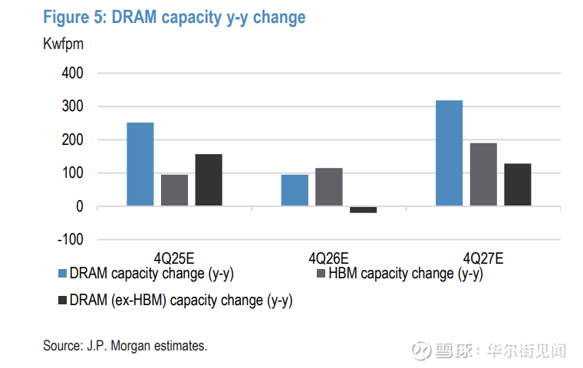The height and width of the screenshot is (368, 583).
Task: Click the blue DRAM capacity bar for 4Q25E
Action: pos(140,164)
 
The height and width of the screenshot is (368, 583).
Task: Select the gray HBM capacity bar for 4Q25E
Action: pos(174,190)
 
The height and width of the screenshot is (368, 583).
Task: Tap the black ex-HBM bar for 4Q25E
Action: pos(209,180)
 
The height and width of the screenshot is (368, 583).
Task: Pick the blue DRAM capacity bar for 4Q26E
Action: pos(295,190)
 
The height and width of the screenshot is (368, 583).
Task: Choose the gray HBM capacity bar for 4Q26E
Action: pos(328,187)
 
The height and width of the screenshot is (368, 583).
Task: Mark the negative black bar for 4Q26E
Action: pos(363,209)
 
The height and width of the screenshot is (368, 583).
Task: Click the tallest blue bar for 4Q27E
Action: pos(449,153)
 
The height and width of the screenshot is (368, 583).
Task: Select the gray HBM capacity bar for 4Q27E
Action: pos(483,175)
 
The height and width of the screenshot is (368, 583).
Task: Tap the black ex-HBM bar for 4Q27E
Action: pos(518,185)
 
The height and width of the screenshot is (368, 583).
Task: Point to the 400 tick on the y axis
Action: pos(73,74)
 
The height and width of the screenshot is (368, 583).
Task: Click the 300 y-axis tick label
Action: pos(73,107)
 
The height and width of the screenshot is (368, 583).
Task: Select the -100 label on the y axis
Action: pos(71,240)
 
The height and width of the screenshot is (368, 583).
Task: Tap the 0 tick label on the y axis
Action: pos(80,207)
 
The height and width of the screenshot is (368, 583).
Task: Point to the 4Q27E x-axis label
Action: pos(483,258)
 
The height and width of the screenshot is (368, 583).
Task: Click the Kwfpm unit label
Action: pos(63,44)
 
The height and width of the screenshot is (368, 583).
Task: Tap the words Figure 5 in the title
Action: pos(74,17)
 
